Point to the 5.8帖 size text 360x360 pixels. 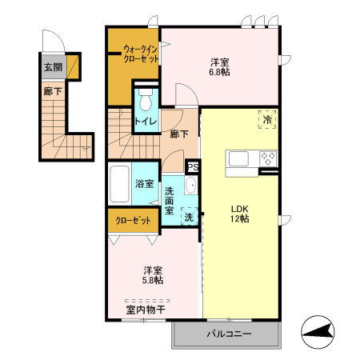coord(154,280)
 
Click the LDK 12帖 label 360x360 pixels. coord(240,214)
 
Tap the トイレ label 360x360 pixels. coord(145,121)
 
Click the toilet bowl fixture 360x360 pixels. coord(146,102)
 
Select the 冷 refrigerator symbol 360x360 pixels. coord(266,119)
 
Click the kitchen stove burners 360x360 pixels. coord(266,158)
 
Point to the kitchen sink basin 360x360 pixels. coord(240,158)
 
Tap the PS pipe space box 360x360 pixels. coord(192,167)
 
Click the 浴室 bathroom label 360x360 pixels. coord(144,184)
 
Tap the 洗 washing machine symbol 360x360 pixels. coord(189,217)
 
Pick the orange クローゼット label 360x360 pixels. coord(134,219)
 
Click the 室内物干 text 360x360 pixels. coord(145,309)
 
